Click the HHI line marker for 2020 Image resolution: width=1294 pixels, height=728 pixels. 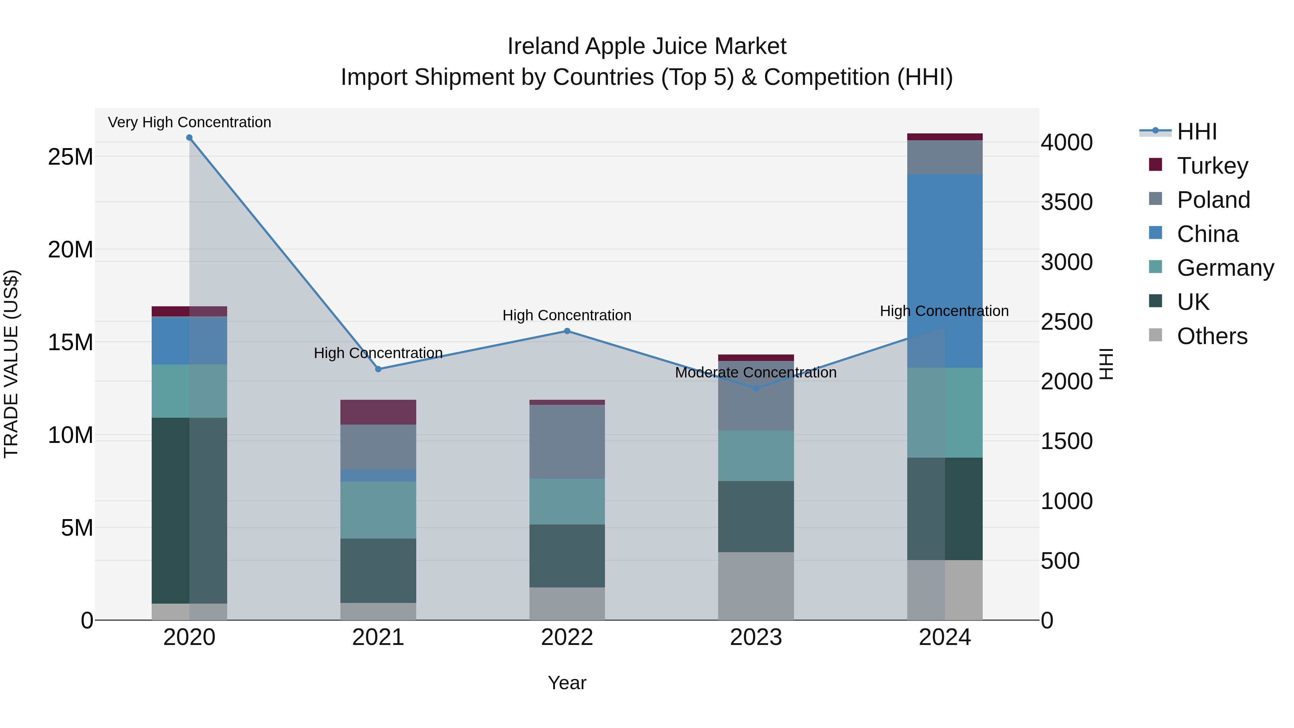pyautogui.click(x=189, y=138)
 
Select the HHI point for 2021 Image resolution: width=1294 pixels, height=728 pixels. pyautogui.click(x=378, y=369)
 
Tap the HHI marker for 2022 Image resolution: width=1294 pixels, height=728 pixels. pyautogui.click(x=567, y=331)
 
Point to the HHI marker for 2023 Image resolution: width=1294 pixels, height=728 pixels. pyautogui.click(x=756, y=388)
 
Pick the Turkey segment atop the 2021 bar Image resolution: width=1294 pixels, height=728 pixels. pyautogui.click(x=378, y=412)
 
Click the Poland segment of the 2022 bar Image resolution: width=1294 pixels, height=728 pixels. pyautogui.click(x=567, y=441)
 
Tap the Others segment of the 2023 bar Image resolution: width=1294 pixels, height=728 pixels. pyautogui.click(x=756, y=586)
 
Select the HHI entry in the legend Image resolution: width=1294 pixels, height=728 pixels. pyautogui.click(x=1197, y=132)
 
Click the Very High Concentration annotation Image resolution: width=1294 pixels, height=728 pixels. pyautogui.click(x=189, y=122)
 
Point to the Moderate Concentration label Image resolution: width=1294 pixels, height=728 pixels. pyautogui.click(x=756, y=373)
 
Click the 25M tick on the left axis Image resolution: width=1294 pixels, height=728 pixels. pyautogui.click(x=70, y=157)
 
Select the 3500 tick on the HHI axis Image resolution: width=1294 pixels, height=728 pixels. pyautogui.click(x=1066, y=202)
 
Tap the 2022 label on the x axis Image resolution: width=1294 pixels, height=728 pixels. pyautogui.click(x=567, y=637)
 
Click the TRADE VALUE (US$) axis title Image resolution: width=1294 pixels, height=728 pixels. pyautogui.click(x=11, y=364)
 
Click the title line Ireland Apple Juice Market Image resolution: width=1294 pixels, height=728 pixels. pyautogui.click(x=647, y=46)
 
